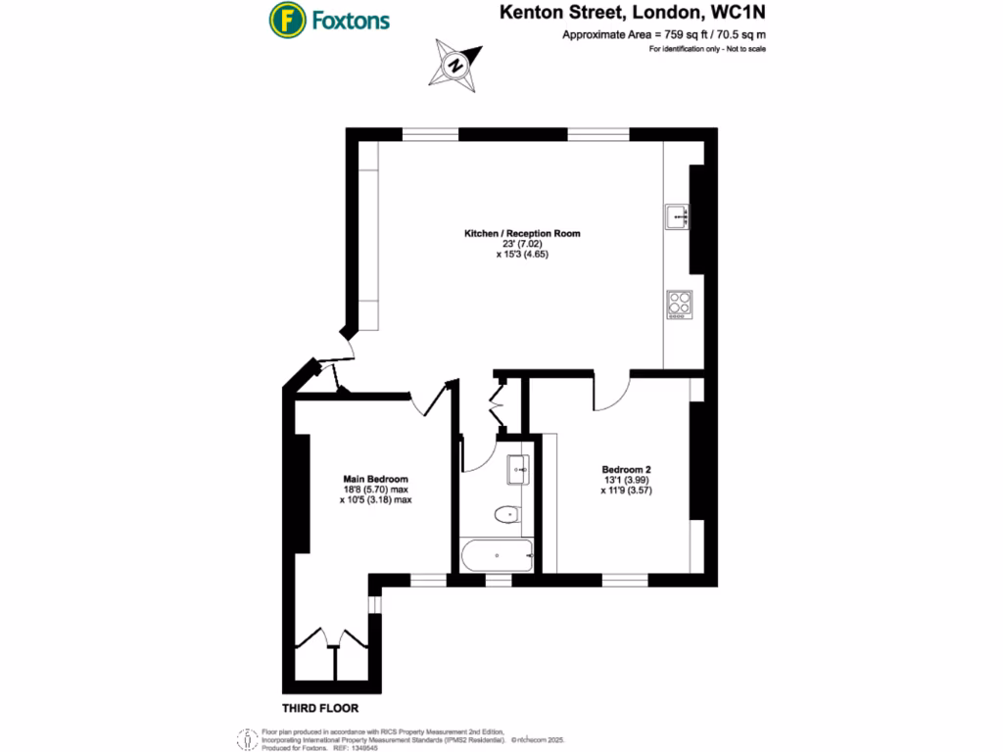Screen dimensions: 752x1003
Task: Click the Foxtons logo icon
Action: tap(286, 20)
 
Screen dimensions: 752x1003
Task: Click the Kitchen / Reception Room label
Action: tap(522, 234)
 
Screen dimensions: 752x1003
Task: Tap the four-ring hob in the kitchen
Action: tap(678, 305)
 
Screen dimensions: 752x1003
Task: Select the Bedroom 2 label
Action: tap(626, 469)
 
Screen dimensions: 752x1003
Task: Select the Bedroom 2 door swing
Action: tap(609, 393)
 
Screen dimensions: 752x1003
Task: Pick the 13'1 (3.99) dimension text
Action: tap(626, 480)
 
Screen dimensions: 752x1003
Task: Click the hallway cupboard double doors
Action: tap(496, 403)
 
